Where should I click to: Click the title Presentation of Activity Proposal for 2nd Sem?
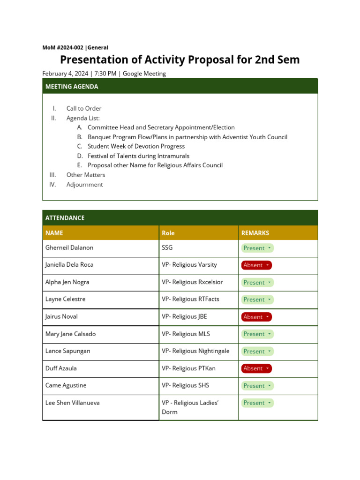(180, 60)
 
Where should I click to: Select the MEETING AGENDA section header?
(72, 87)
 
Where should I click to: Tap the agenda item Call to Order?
(84, 109)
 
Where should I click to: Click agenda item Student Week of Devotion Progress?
(136, 146)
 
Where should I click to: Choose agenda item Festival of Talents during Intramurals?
(138, 156)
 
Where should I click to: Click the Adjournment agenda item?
(84, 185)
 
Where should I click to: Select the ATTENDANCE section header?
(65, 218)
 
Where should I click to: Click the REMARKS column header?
(255, 233)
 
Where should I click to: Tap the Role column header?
(168, 233)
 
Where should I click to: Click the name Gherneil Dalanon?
(69, 247)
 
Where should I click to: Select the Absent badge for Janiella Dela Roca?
(256, 265)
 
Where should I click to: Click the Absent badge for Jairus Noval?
(256, 317)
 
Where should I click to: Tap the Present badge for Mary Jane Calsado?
(257, 334)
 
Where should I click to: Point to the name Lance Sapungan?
(67, 351)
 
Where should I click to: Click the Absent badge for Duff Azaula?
(256, 368)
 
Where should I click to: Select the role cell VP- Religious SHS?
(185, 386)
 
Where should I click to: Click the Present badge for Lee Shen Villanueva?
(257, 403)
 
